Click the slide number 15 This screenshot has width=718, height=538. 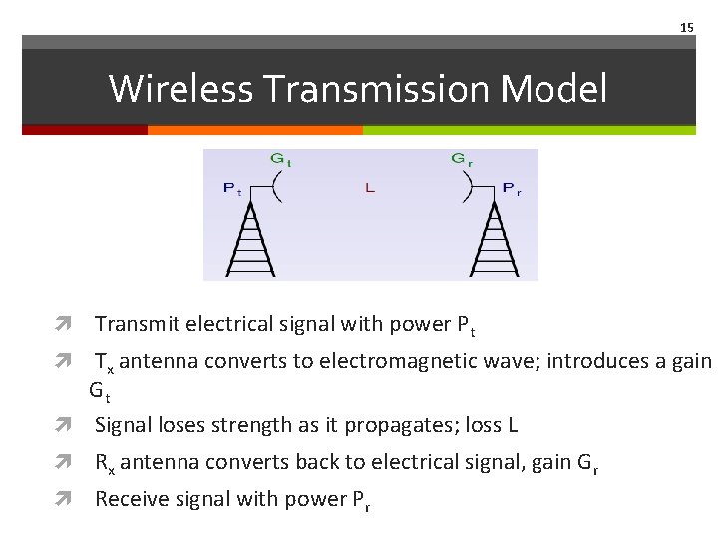[x=686, y=27]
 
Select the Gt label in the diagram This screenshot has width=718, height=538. [x=281, y=159]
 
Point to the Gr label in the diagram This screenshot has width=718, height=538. [x=462, y=159]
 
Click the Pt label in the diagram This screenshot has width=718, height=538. [x=232, y=188]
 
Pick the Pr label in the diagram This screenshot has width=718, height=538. [x=511, y=188]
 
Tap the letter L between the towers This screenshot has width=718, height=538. [x=370, y=188]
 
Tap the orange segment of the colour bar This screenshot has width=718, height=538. [x=254, y=130]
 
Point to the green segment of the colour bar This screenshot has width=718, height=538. [x=529, y=130]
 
